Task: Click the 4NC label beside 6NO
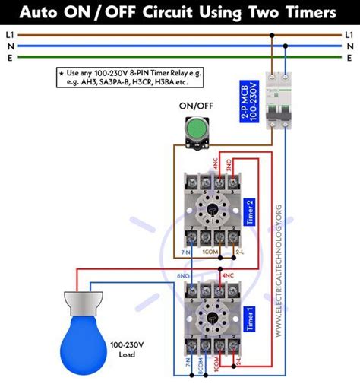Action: [227, 275]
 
